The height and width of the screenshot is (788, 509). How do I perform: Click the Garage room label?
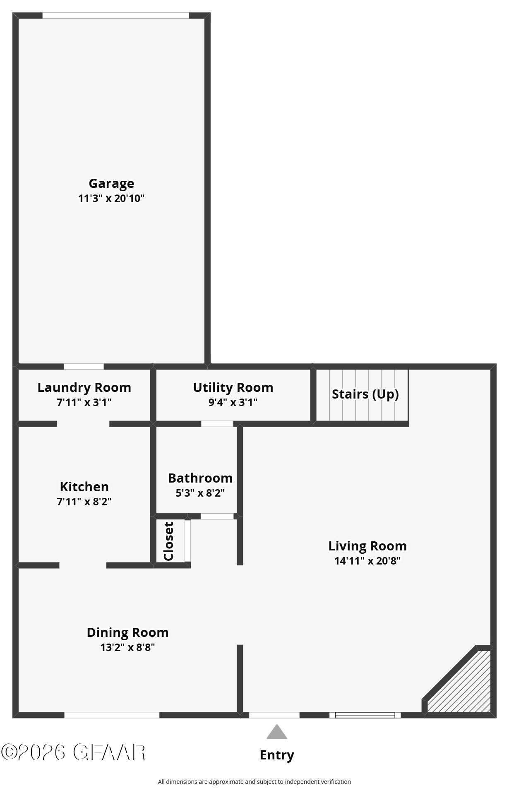(x=111, y=183)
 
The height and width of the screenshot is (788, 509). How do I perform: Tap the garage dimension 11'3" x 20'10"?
(x=111, y=198)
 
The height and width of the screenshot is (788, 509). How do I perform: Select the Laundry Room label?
(x=84, y=387)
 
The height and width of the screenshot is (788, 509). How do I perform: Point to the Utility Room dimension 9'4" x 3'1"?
(x=233, y=402)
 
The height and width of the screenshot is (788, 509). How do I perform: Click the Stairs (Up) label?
(x=365, y=394)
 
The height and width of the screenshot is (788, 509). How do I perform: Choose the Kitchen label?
(x=84, y=487)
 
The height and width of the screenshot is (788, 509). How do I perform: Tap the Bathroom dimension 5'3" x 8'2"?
(x=200, y=493)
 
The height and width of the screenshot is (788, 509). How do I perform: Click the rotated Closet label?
(x=169, y=541)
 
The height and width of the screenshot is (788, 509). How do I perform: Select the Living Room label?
(x=367, y=546)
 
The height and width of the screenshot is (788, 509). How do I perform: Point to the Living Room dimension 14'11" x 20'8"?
(x=367, y=561)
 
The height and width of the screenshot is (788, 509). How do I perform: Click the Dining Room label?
(x=127, y=632)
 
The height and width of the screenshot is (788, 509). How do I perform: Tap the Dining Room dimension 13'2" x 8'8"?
(x=127, y=647)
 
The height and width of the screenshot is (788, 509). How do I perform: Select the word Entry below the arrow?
(x=277, y=755)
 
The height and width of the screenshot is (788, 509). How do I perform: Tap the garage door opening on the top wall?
(x=116, y=16)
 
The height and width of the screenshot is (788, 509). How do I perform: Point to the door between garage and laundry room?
(x=84, y=367)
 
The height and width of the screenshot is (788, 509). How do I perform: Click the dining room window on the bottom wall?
(x=112, y=715)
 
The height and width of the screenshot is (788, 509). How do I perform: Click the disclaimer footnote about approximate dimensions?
(x=254, y=782)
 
